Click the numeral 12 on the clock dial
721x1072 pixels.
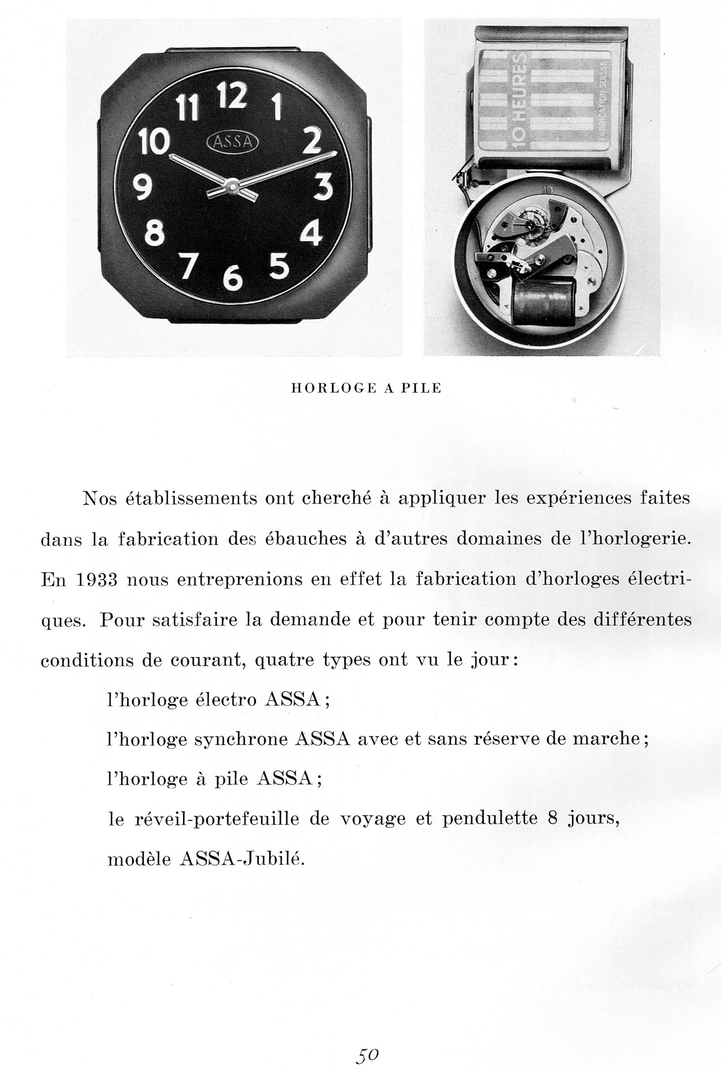tap(232, 95)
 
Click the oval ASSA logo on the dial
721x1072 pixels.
tap(233, 142)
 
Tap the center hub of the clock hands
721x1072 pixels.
tap(232, 186)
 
